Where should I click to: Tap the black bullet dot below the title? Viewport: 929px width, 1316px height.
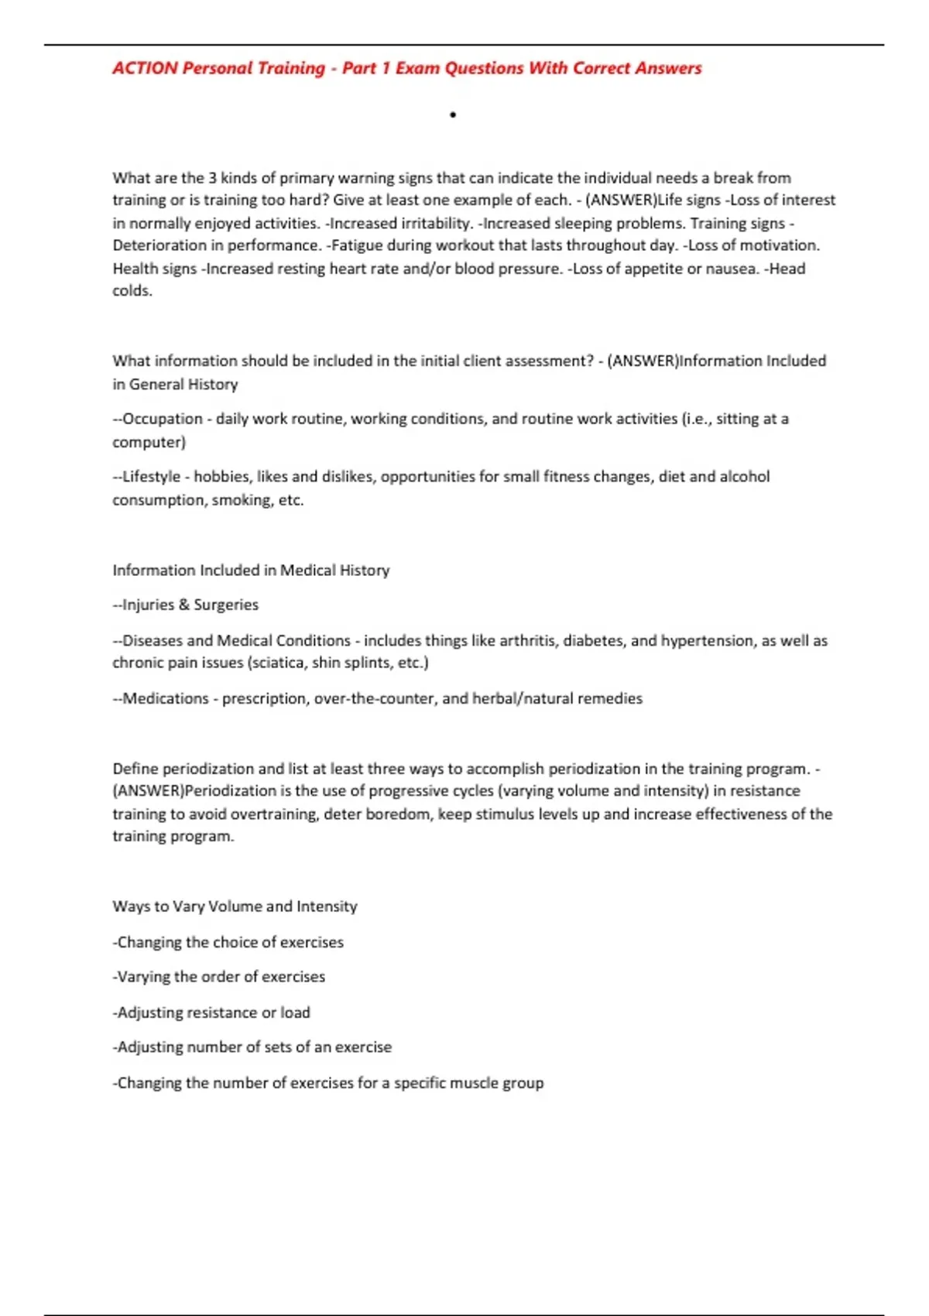click(453, 115)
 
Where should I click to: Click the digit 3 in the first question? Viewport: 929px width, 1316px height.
click(212, 178)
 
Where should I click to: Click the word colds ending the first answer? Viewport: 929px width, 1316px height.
click(131, 291)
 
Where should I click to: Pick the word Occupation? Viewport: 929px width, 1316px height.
click(162, 419)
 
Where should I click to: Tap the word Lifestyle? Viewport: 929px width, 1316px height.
click(151, 477)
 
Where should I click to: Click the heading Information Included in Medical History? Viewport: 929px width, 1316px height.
click(251, 571)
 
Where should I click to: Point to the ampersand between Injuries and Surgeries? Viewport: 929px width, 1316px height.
click(183, 605)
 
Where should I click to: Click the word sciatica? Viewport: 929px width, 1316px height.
click(277, 663)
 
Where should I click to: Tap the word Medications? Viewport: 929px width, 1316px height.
click(165, 698)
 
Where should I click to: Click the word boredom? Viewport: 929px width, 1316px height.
click(400, 814)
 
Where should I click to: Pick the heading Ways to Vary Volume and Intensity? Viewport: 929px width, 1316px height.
click(235, 906)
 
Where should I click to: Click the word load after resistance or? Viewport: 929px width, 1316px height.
click(295, 1013)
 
